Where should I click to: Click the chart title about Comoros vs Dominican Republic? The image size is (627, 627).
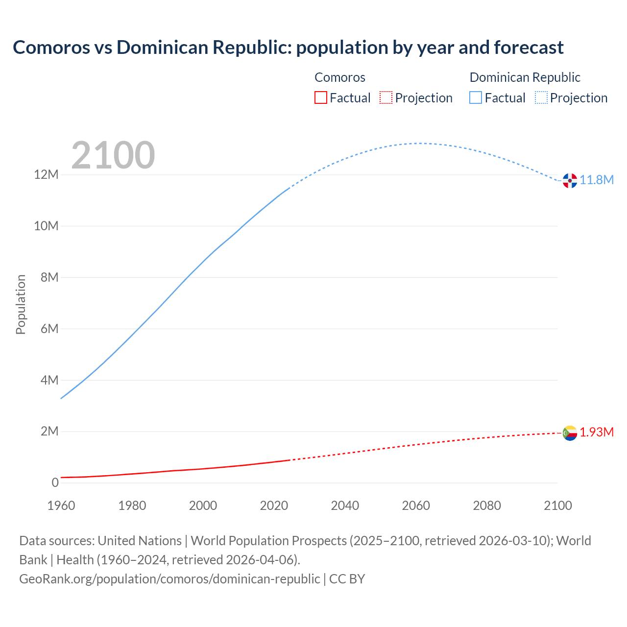(288, 48)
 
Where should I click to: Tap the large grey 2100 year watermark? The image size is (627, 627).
(113, 155)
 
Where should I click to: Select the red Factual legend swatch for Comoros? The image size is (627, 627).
(320, 97)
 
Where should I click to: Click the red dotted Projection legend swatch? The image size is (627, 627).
(386, 97)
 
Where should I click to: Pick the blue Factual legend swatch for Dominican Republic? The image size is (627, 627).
(476, 97)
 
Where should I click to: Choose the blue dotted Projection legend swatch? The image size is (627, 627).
(541, 97)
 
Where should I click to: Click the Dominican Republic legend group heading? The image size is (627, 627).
(525, 77)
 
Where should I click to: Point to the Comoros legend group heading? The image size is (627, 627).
(339, 77)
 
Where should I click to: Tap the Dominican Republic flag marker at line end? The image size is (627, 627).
(570, 180)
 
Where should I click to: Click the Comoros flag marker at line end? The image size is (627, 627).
(570, 433)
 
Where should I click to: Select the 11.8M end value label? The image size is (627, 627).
(597, 180)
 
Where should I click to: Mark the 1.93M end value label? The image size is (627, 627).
(597, 432)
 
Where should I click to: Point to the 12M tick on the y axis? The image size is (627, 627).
(46, 175)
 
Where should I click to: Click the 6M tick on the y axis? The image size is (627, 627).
(49, 329)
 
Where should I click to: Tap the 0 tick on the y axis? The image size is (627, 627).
(55, 482)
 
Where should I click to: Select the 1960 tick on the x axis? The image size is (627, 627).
(61, 506)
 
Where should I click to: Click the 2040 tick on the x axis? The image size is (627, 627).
(345, 506)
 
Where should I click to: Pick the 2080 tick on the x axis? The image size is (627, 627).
(487, 506)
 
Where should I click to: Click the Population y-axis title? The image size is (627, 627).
(21, 304)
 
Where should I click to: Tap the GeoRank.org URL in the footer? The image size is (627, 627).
(169, 579)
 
